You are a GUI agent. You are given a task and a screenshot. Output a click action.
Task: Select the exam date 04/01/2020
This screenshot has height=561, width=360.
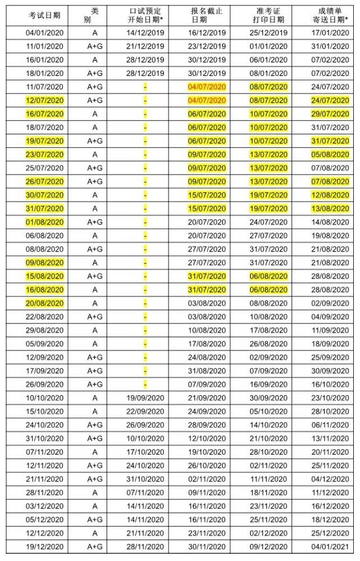point(45,33)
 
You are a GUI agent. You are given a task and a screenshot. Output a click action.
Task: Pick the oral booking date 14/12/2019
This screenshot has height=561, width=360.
point(145,33)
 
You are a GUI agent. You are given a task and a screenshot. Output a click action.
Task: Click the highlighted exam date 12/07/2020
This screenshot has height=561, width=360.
point(45,101)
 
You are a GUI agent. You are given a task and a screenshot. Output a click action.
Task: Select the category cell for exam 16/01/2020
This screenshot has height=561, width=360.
point(94,60)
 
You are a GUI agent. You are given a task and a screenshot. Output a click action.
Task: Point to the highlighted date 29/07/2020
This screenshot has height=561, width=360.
point(330,114)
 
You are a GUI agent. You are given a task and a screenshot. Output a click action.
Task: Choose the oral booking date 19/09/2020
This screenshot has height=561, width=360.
point(145,398)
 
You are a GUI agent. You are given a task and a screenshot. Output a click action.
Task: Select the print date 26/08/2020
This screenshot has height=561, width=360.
point(268,344)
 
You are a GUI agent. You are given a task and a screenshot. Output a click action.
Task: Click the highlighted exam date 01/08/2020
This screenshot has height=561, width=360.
point(45,222)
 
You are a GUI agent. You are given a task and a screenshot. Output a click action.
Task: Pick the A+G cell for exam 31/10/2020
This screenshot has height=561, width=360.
point(94,439)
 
